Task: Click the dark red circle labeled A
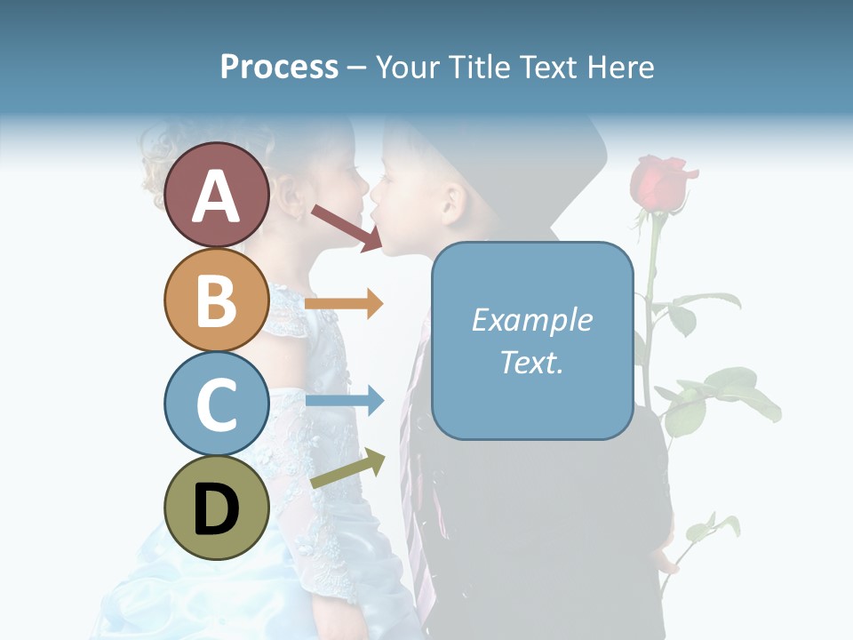pyautogui.click(x=217, y=195)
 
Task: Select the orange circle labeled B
pyautogui.click(x=217, y=300)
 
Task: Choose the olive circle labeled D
pyautogui.click(x=217, y=508)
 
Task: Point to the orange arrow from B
pyautogui.click(x=344, y=304)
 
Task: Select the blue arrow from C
pyautogui.click(x=344, y=401)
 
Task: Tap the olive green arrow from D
pyautogui.click(x=347, y=469)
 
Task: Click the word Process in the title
pyautogui.click(x=279, y=67)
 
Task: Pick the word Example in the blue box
pyautogui.click(x=531, y=320)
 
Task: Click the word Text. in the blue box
pyautogui.click(x=531, y=362)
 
